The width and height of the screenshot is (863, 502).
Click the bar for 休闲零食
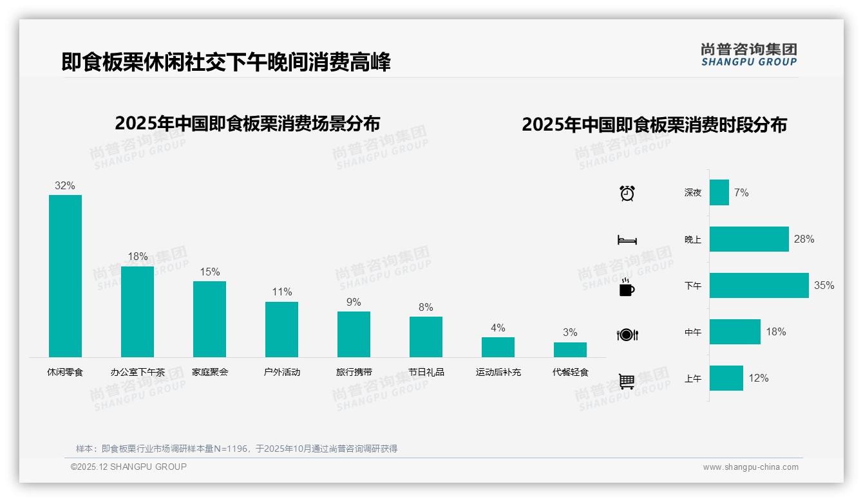tap(65, 276)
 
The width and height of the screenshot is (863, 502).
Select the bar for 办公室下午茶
tap(137, 311)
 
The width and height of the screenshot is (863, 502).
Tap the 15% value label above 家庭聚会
tap(209, 272)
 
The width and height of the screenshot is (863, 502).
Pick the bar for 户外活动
tap(281, 330)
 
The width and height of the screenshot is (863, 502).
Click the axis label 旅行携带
tap(354, 372)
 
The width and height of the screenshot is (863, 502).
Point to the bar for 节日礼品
tap(426, 337)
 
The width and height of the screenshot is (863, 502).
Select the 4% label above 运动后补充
tap(498, 328)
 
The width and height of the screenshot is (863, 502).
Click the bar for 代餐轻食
tap(570, 349)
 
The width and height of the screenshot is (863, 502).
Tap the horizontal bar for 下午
tap(759, 285)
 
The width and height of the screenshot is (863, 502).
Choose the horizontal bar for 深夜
tap(719, 192)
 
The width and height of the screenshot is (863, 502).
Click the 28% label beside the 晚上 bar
tap(804, 239)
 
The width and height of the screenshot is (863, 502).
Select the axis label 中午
tap(693, 332)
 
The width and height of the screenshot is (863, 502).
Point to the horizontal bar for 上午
tap(726, 378)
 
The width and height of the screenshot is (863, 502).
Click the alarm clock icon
tap(627, 193)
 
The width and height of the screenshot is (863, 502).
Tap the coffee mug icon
tap(627, 288)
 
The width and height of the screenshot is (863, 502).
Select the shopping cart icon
tap(627, 381)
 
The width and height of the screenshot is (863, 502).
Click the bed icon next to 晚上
tap(627, 240)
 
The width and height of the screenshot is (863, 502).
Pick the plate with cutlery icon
tap(627, 335)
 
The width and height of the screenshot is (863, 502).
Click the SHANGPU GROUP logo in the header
tap(748, 55)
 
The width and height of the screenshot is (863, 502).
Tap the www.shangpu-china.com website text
tap(750, 467)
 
